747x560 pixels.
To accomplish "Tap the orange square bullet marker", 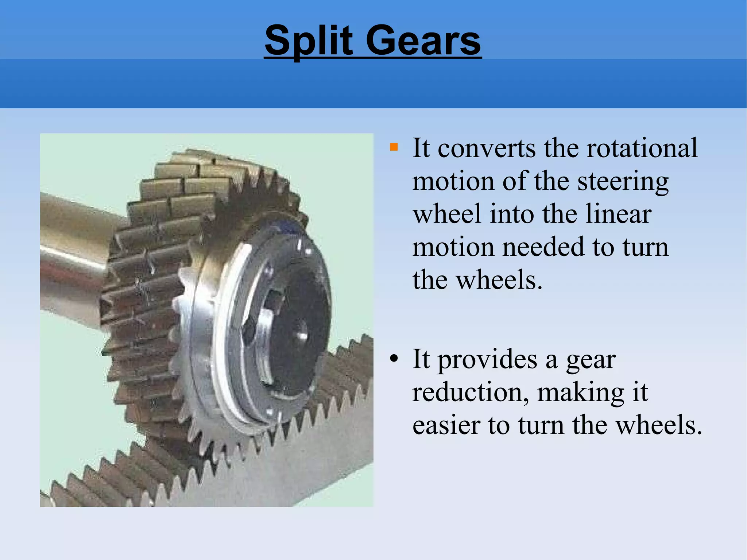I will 394,147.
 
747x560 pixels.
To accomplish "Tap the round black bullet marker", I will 394,359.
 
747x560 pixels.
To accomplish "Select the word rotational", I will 642,148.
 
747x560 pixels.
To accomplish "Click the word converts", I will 487,149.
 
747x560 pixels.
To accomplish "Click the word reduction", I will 471,393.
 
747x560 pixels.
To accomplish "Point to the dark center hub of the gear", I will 299,325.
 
